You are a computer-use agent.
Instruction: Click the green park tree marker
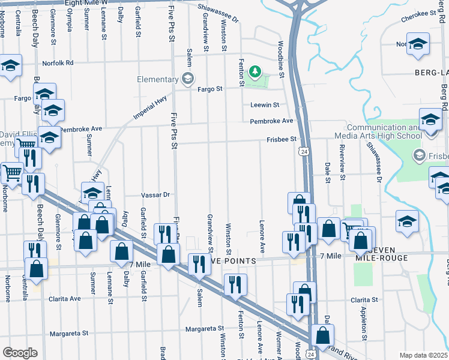[x=256, y=73]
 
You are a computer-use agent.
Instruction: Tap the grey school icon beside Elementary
[x=188, y=78]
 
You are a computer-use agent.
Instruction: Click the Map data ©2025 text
[x=423, y=355]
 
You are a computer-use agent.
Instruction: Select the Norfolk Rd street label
[x=58, y=62]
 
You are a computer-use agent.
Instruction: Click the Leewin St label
[x=265, y=104]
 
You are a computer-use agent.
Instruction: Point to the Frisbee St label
[x=282, y=139]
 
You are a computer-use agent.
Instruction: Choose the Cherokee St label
[x=418, y=17]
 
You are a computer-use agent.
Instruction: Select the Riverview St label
[x=342, y=162]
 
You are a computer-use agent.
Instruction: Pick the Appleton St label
[x=364, y=322]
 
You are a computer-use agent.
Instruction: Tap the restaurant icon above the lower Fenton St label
[x=235, y=284]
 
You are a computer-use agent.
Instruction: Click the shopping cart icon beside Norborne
[x=12, y=173]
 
